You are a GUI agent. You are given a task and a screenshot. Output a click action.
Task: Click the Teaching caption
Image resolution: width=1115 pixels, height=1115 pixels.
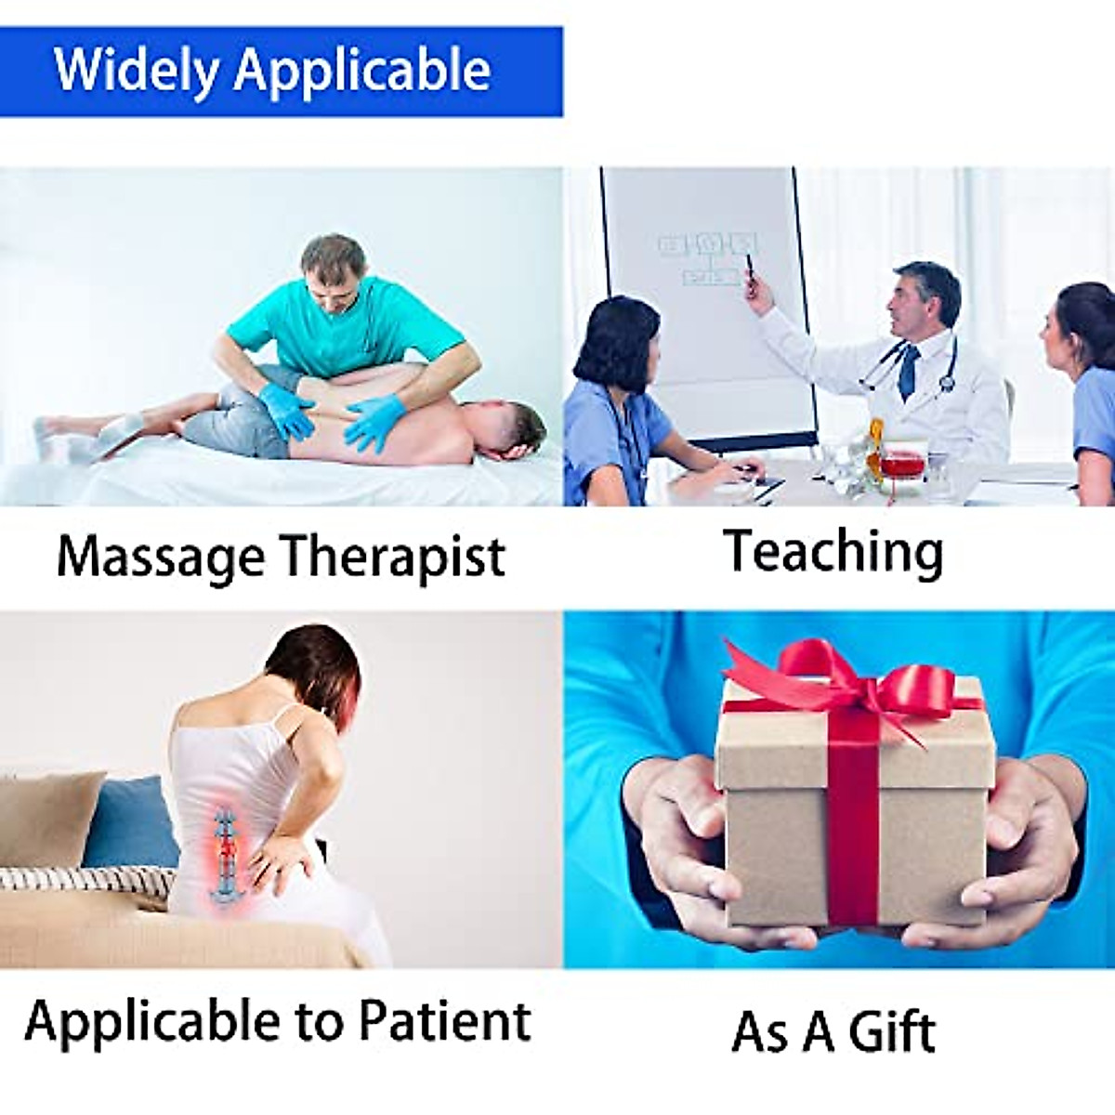[x=833, y=553]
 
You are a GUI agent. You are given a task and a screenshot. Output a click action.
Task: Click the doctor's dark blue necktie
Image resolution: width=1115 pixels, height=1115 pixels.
[x=909, y=371]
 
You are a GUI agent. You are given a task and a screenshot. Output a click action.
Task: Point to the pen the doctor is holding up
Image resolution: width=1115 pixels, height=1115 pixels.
[x=750, y=270]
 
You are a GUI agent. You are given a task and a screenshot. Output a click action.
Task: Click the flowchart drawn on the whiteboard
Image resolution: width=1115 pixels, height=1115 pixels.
[x=708, y=258]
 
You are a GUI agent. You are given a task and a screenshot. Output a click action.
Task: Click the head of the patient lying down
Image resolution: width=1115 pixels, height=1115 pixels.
[x=510, y=432]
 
